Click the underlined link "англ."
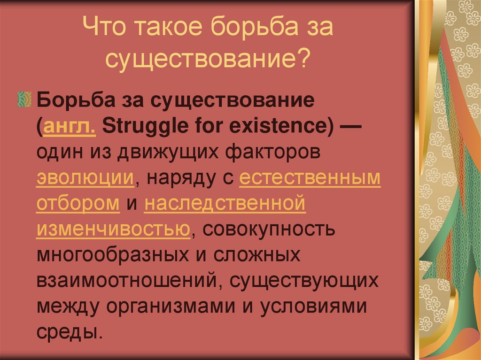tap(70, 127)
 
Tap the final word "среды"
tap(68, 332)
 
